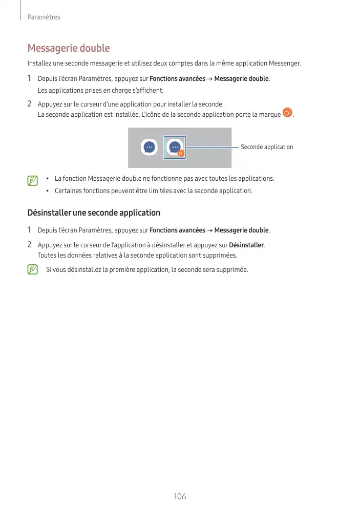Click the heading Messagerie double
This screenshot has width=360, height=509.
pos(69,49)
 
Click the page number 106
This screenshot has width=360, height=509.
pos(180,496)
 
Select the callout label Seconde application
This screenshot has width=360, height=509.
pos(267,147)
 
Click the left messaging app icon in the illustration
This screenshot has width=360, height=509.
pos(149,147)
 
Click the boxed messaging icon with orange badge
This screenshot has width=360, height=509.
pos(175,147)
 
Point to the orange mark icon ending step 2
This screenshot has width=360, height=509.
pos(287,113)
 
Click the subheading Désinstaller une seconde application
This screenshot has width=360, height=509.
pos(94,213)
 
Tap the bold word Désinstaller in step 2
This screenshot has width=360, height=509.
pos(246,245)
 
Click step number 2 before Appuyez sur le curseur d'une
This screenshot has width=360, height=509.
pos(30,104)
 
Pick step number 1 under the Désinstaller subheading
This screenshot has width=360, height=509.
pos(30,230)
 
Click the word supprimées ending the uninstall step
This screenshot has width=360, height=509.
pos(221,255)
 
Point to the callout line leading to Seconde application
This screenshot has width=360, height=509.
pos(213,147)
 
